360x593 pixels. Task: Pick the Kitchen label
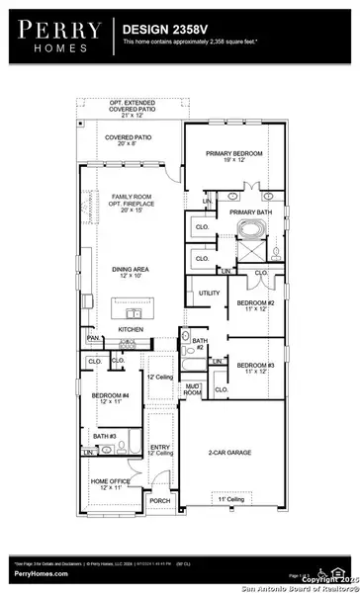tap(132, 328)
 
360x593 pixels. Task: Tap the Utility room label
tap(210, 294)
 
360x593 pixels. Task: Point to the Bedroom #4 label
tap(106, 398)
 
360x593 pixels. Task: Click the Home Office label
tap(106, 484)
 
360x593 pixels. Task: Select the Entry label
tap(159, 450)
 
